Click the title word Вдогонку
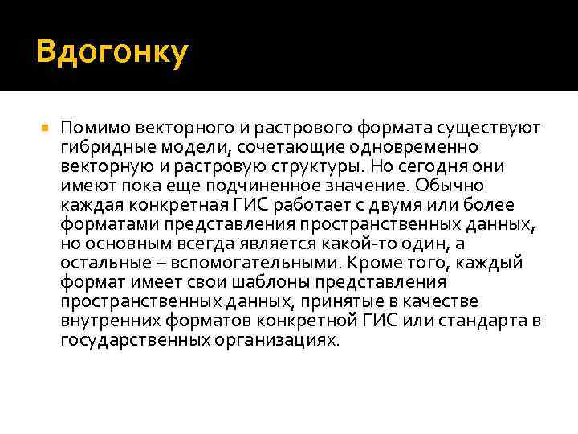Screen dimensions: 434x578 pyautogui.click(x=112, y=53)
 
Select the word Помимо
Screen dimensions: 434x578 pyautogui.click(x=91, y=128)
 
